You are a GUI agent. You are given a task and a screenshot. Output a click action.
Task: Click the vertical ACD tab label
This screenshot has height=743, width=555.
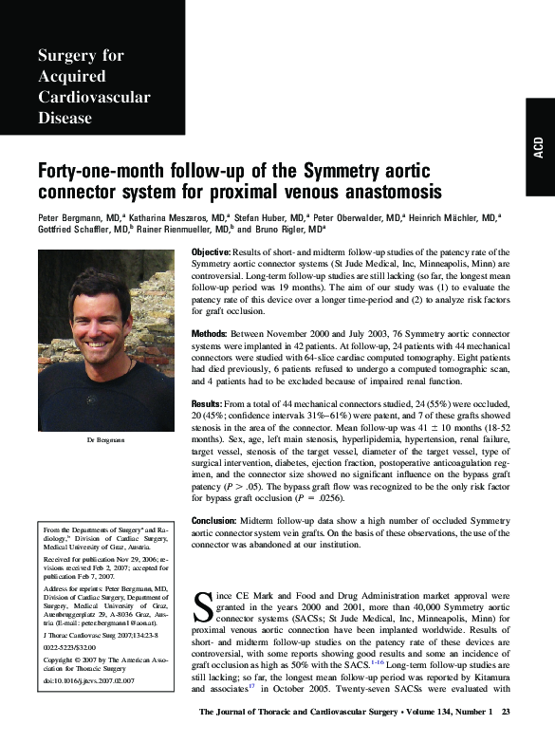(538, 153)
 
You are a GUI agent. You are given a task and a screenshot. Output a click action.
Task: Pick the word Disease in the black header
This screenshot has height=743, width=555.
(65, 119)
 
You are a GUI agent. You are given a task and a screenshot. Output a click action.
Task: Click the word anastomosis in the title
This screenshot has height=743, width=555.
(375, 193)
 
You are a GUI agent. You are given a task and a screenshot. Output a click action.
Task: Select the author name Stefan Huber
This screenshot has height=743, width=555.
(249, 216)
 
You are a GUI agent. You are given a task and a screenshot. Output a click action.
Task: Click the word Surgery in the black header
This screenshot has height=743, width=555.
(67, 56)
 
